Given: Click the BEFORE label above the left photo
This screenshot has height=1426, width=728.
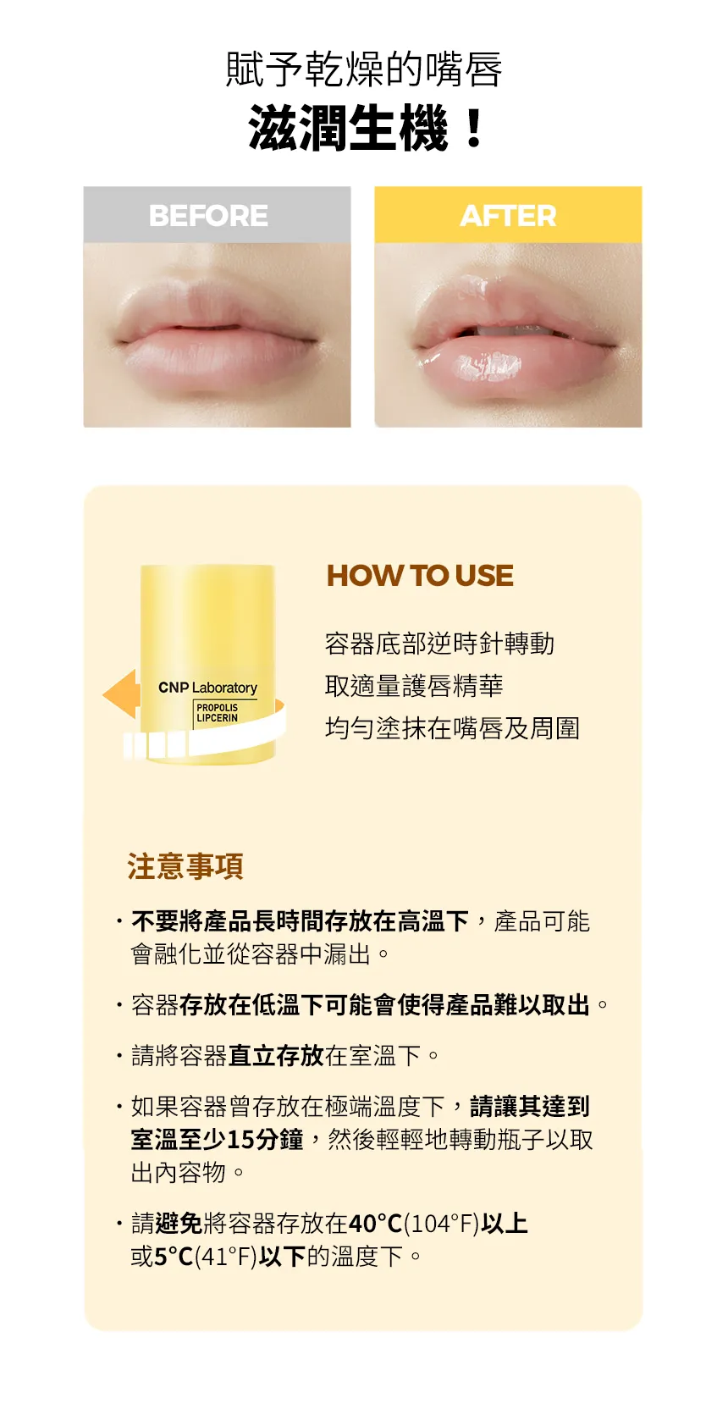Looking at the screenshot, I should (x=208, y=216).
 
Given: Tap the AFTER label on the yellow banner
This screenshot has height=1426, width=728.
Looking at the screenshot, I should (x=508, y=216).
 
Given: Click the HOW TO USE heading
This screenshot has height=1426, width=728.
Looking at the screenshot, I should (x=420, y=576).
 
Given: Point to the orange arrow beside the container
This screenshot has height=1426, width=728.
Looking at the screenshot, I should (x=122, y=694).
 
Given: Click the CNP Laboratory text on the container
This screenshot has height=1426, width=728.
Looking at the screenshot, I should (x=207, y=688).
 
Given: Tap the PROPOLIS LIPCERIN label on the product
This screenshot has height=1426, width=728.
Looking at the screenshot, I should (x=218, y=713).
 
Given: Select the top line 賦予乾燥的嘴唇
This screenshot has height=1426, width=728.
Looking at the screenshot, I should (x=364, y=69).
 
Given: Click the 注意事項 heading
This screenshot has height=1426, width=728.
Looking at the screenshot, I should (x=185, y=866).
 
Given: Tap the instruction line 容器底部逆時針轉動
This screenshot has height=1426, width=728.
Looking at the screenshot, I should (x=439, y=644).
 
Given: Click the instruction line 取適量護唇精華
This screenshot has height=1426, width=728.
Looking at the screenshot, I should (x=414, y=686).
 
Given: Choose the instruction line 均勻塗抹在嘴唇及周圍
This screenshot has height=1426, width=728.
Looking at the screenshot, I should (x=452, y=728).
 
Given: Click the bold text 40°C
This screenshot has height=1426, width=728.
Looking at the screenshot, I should (x=376, y=1224).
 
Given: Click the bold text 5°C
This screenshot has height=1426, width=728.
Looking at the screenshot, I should (x=174, y=1257).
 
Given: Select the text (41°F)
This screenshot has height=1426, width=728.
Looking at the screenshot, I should (x=226, y=1257).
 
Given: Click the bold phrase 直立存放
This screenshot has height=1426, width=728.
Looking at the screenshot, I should (x=276, y=1056).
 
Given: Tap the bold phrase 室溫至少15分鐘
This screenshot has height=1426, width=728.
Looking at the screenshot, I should (x=217, y=1140).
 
